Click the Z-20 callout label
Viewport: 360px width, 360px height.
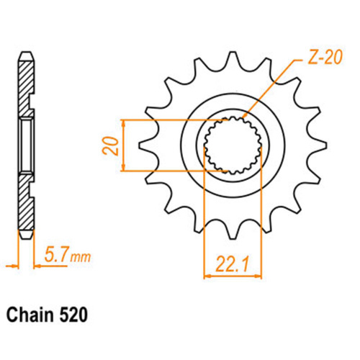tap(325, 58)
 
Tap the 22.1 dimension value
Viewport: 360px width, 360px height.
tap(232, 264)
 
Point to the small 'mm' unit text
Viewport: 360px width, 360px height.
tap(81, 257)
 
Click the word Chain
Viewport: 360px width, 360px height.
tap(30, 315)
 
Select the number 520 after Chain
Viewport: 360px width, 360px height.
tap(73, 315)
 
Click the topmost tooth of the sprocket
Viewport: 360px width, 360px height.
tap(232, 58)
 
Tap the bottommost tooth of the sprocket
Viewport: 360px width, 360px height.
tap(232, 233)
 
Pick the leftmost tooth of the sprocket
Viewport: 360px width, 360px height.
tap(145, 145)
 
